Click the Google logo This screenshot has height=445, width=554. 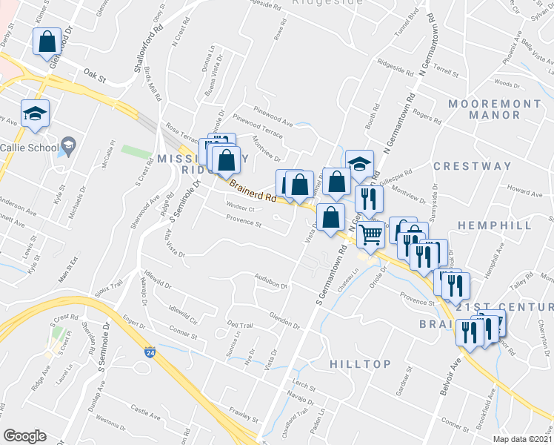point(24,436)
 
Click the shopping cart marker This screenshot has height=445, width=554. point(370,235)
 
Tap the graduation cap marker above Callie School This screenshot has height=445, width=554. point(35,113)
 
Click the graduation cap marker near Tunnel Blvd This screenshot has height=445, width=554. point(359,164)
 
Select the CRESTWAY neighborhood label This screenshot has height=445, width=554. point(472,166)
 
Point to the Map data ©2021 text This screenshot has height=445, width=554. point(522,439)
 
